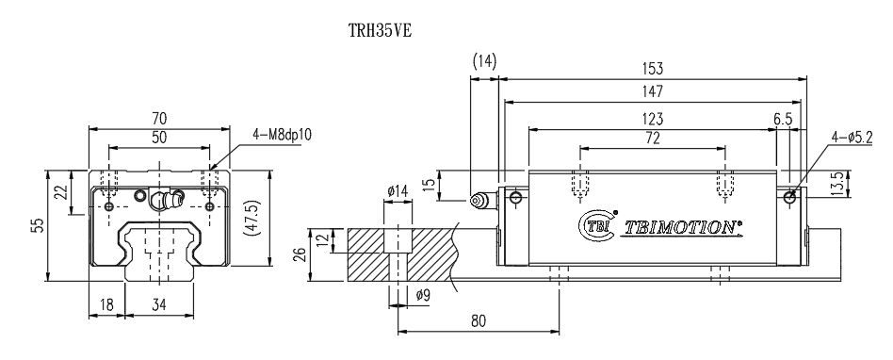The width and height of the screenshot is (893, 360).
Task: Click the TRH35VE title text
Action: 380,29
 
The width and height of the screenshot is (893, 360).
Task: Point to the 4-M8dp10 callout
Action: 282,135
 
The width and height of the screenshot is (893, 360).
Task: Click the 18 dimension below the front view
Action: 106,304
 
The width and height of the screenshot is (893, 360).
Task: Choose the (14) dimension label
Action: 484,62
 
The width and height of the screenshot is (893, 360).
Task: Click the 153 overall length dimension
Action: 653,68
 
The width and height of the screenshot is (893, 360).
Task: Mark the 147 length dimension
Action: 653,91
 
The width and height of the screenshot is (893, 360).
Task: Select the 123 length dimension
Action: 653,119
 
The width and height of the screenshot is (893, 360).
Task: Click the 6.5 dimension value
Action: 782,119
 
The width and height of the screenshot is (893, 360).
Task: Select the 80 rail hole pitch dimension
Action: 478,320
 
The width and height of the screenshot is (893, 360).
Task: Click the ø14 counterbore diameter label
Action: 398,191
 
